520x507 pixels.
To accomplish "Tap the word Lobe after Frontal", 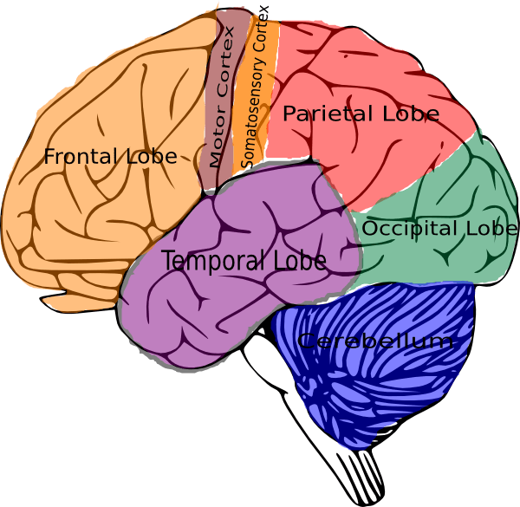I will click(x=152, y=157).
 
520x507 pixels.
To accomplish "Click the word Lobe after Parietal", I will click(x=409, y=114).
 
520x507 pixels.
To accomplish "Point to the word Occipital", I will click(x=410, y=229).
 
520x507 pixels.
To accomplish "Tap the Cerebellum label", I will click(x=374, y=341).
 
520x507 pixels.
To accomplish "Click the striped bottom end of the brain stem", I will click(x=364, y=477).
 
